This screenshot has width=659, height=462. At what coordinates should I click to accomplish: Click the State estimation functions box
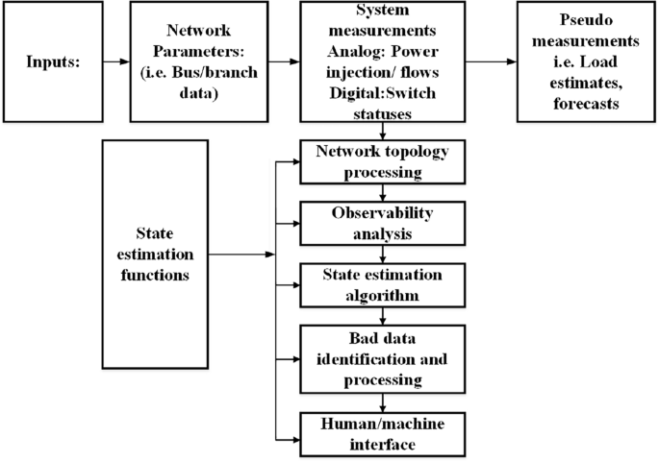coord(154,255)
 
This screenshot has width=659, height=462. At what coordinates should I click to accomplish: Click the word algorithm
coord(384,294)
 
